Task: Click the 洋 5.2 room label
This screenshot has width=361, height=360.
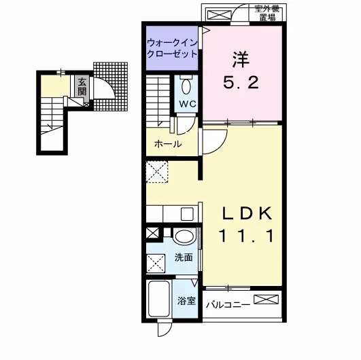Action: (241, 71)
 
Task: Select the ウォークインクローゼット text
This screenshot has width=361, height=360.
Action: (172, 48)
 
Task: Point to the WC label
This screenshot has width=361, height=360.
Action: (188, 104)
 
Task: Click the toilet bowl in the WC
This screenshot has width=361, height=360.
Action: (186, 86)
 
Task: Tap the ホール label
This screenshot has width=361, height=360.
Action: (168, 144)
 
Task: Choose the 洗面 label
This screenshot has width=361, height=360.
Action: (184, 257)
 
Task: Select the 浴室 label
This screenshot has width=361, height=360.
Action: (186, 300)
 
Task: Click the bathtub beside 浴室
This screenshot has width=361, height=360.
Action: (159, 299)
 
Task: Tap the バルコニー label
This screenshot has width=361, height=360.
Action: (228, 305)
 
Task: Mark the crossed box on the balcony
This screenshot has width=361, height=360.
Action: (266, 300)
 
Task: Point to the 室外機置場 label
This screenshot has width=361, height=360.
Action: (267, 14)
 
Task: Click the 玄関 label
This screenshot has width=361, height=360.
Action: (82, 87)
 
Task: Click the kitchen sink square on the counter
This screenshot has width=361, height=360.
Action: (187, 214)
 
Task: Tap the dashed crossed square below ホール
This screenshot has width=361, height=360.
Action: (157, 172)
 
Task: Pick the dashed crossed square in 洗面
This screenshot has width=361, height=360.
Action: (156, 263)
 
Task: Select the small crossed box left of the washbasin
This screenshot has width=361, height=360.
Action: (153, 233)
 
